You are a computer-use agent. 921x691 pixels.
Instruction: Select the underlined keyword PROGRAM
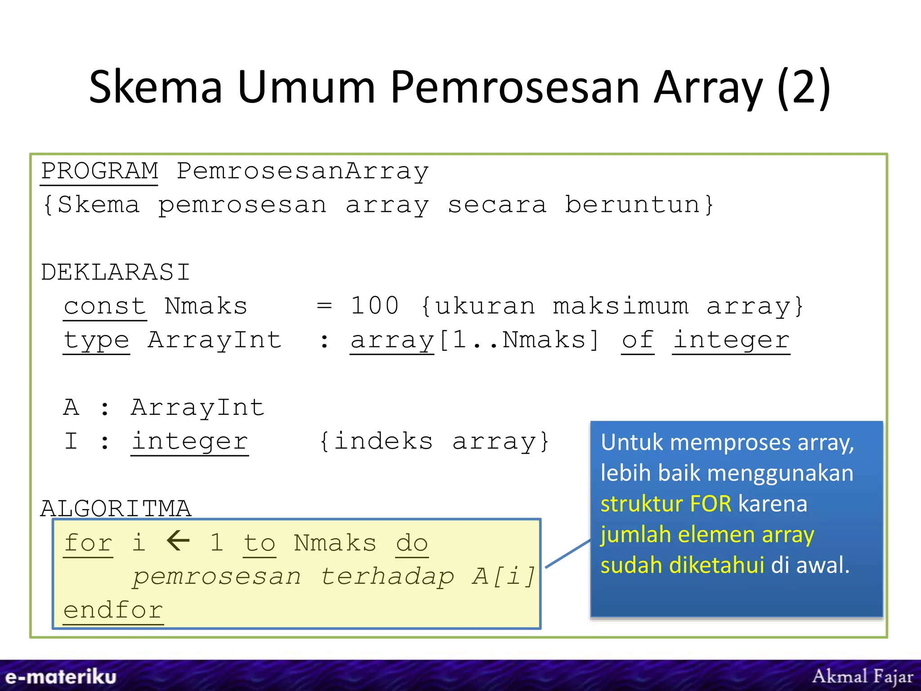[99, 171]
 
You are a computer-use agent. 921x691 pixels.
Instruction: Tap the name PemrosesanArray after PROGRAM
[302, 171]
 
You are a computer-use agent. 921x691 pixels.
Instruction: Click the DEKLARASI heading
[115, 273]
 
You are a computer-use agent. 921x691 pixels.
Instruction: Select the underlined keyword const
[105, 306]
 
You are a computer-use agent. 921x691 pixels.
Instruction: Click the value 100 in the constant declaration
[375, 306]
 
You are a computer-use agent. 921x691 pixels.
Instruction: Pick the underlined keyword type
[96, 340]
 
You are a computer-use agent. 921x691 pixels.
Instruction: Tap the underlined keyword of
[637, 340]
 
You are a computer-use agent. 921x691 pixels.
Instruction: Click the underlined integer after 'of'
[731, 340]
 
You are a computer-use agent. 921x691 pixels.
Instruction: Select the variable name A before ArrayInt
[72, 408]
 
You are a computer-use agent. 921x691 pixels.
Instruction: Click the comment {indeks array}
[434, 441]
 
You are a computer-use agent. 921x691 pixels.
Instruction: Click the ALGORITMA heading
[116, 508]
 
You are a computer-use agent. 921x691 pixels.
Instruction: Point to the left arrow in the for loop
[178, 541]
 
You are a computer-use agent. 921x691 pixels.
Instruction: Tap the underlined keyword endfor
[113, 611]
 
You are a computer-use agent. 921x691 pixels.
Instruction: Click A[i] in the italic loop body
[504, 577]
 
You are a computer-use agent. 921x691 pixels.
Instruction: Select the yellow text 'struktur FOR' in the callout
[666, 504]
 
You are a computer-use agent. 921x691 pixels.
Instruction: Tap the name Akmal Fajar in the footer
[863, 676]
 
